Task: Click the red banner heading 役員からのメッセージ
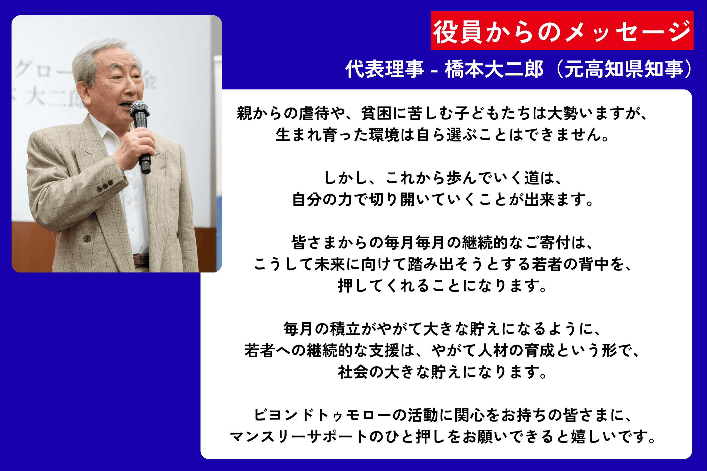(x=562, y=31)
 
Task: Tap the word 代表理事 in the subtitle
(x=384, y=69)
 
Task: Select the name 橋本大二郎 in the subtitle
(x=494, y=69)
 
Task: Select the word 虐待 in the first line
(x=314, y=114)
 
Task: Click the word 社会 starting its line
(x=353, y=372)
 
